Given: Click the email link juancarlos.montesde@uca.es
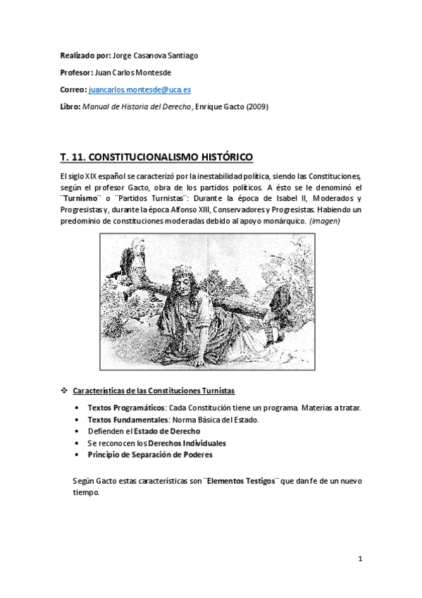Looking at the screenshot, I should click(139, 91).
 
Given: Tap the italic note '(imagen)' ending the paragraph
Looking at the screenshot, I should click(325, 221).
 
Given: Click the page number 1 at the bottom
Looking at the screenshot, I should click(359, 559).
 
